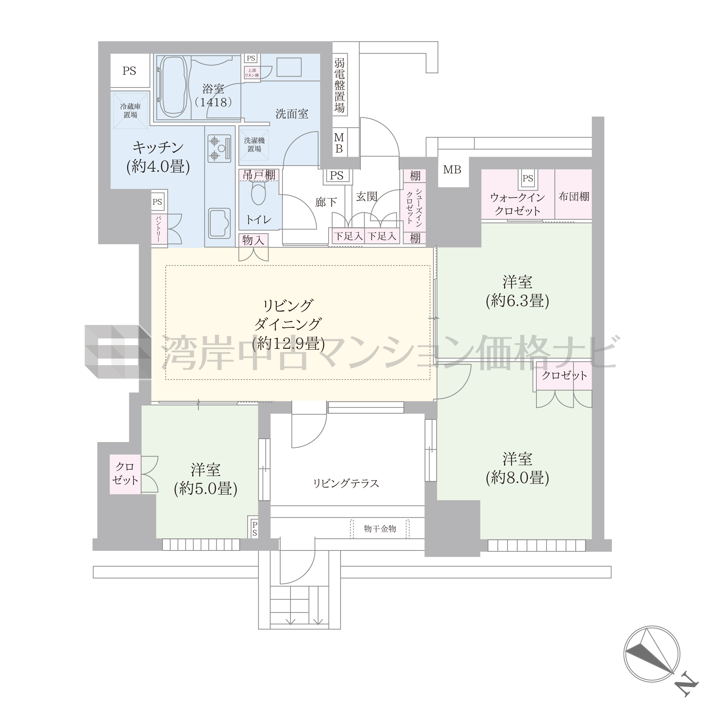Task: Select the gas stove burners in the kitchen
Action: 219,148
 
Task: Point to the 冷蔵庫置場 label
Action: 130,111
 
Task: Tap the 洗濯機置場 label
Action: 254,145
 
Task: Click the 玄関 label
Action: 366,197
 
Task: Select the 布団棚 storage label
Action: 574,197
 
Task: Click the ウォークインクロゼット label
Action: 517,204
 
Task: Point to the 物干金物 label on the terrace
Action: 380,529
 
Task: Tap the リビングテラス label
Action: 346,483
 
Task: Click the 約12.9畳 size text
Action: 288,343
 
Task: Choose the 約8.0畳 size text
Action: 517,478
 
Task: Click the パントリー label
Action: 158,228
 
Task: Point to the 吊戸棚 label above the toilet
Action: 259,175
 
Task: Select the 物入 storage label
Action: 253,240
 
